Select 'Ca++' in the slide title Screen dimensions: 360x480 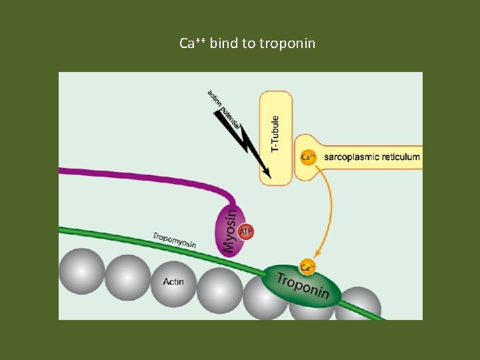tap(193, 44)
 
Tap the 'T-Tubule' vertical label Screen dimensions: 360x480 tap(276, 133)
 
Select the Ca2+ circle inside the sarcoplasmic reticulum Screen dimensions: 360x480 tap(308, 157)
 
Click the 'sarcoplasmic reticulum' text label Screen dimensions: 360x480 tap(371, 157)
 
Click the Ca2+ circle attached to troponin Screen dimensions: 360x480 tap(307, 267)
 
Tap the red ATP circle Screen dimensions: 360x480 tap(246, 231)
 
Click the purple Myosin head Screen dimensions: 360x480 tap(228, 230)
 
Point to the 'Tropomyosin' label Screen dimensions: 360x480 tap(174, 240)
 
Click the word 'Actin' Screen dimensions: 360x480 tap(173, 282)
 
